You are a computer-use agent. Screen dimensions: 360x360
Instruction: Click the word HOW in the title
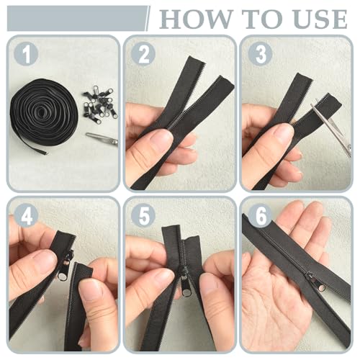[195, 19]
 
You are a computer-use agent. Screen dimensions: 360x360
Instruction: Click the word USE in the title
[321, 19]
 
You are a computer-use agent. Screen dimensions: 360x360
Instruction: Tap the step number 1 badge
[26, 54]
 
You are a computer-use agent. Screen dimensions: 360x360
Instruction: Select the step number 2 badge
[143, 54]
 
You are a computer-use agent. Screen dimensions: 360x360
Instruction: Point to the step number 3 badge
[261, 54]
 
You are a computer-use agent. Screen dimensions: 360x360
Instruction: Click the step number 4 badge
[26, 215]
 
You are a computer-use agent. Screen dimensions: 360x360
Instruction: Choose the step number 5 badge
[143, 215]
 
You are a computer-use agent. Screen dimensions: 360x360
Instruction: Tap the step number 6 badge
[261, 215]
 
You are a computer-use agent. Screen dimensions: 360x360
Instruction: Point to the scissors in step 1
[102, 138]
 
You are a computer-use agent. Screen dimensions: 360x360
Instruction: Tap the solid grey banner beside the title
[77, 19]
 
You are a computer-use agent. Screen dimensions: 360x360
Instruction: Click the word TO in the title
[262, 19]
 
